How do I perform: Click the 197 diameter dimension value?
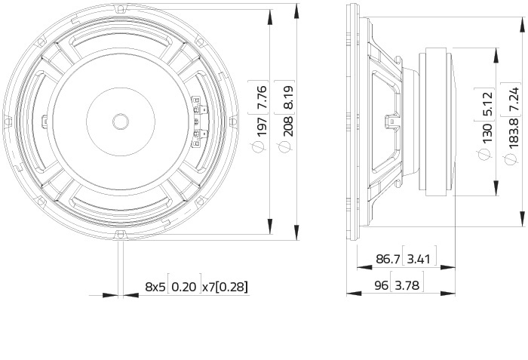tap(262, 126)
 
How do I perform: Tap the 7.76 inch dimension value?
tap(262, 97)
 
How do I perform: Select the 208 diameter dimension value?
tap(288, 126)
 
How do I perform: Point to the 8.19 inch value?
tap(288, 98)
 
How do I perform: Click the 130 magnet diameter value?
tap(487, 133)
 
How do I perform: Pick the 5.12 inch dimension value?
tap(487, 104)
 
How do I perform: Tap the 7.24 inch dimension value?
tap(514, 99)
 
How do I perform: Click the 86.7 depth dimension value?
tap(388, 259)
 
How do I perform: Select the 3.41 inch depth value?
tap(419, 259)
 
